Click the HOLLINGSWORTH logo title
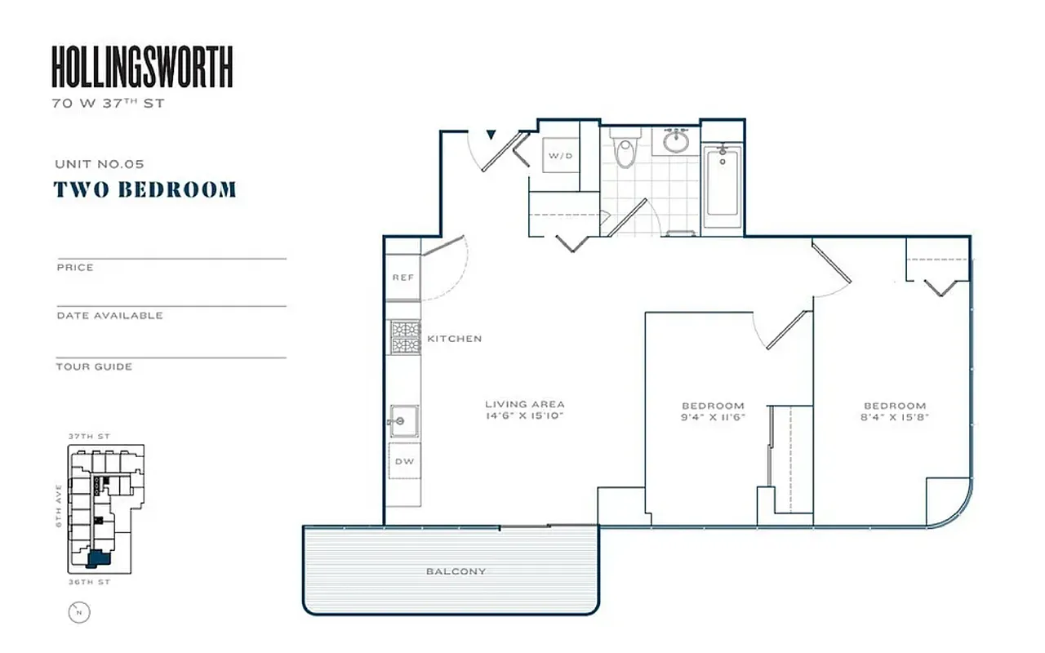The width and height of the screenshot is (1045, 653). [142, 67]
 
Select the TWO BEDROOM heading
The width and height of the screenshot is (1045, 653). [145, 189]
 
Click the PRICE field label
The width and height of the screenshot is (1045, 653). [75, 268]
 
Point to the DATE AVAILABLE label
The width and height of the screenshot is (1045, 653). [109, 316]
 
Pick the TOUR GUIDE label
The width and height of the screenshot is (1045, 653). [94, 366]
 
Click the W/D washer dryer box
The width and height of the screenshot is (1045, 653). [560, 155]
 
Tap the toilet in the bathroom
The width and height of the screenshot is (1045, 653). [625, 151]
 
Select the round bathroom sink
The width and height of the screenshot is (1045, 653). [675, 141]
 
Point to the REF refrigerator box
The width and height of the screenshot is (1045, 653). [402, 278]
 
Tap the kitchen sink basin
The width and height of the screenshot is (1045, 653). [403, 421]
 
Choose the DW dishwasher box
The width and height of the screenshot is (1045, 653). [403, 462]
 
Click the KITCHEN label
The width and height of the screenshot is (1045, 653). [454, 339]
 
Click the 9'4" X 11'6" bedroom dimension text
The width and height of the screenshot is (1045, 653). [713, 417]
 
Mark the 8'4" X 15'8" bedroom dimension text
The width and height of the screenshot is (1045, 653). [895, 417]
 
